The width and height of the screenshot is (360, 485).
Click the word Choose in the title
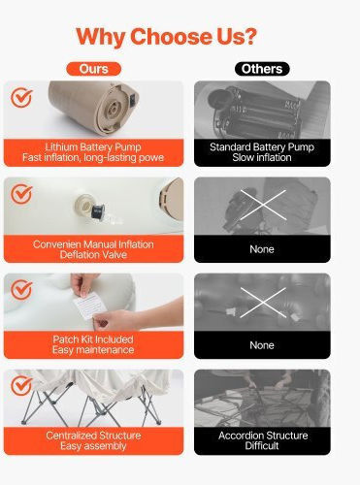coord(171,37)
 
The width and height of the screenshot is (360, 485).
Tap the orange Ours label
coord(94,69)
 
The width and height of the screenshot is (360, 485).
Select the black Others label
coord(262,69)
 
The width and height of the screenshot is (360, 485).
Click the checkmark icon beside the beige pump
coord(21,97)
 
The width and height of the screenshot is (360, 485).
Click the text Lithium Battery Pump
coord(93,147)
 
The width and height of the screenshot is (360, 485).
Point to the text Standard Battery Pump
coord(262,147)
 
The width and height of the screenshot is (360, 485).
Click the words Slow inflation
coord(262,157)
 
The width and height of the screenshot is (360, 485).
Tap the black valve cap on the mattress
coord(98,211)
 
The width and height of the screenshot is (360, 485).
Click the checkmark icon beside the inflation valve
coord(21,194)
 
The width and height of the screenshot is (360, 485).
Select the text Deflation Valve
coord(93,254)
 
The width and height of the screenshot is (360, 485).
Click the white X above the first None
coord(263,205)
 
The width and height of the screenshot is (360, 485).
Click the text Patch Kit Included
coord(93,339)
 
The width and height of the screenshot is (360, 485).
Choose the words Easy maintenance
coord(93,350)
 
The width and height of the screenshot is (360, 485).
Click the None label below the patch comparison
coord(262,345)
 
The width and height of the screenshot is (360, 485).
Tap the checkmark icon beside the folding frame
coord(21,385)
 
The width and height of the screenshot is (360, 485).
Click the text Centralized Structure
coord(93,436)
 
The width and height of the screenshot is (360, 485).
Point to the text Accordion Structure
coord(263,436)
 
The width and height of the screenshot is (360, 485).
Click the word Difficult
coord(262,446)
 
